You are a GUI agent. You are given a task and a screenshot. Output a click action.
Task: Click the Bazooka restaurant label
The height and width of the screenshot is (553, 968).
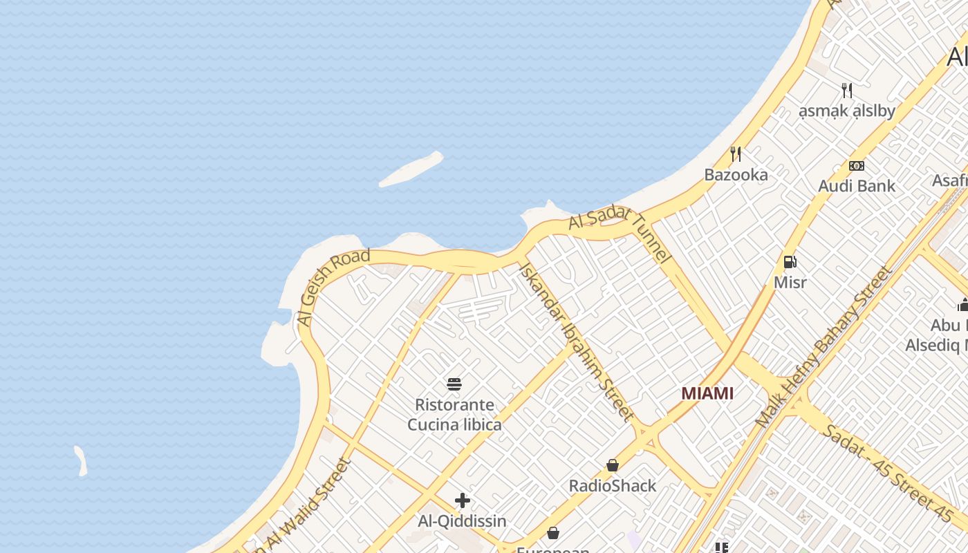tap(736, 175)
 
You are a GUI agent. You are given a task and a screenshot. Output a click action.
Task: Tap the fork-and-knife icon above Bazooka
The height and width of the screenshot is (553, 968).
tap(736, 153)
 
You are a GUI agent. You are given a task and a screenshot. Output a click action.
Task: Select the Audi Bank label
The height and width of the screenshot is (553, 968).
tap(857, 186)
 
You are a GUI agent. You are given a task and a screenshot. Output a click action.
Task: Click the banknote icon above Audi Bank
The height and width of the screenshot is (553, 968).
tap(857, 166)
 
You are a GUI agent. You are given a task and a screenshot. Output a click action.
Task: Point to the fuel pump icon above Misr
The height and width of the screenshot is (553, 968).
tap(790, 262)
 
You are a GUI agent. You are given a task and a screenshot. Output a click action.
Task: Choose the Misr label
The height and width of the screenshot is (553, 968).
tap(790, 283)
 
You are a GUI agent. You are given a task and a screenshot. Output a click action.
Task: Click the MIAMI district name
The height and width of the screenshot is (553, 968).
tap(707, 393)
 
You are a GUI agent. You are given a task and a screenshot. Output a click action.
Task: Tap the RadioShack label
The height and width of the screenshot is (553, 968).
tap(613, 486)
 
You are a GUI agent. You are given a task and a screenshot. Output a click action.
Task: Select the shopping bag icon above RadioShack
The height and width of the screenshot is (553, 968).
tap(613, 465)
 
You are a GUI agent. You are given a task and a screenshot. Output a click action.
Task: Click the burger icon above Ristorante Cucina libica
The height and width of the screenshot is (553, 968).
tap(454, 384)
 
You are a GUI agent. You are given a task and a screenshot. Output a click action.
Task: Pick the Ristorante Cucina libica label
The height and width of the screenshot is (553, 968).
tap(454, 415)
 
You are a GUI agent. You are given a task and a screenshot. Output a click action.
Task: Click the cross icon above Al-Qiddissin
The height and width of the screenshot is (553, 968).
tap(463, 500)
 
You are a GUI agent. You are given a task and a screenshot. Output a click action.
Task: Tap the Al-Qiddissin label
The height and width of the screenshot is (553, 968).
tap(463, 521)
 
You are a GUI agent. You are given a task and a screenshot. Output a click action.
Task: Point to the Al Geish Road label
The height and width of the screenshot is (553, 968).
tap(333, 287)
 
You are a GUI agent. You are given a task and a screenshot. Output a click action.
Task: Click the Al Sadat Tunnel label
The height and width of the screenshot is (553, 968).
tap(620, 235)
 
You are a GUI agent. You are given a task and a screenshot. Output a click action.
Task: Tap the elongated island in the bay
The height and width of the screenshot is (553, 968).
tap(411, 169)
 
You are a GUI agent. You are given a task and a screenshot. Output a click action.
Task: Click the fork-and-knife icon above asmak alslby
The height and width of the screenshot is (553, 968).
tap(847, 90)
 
